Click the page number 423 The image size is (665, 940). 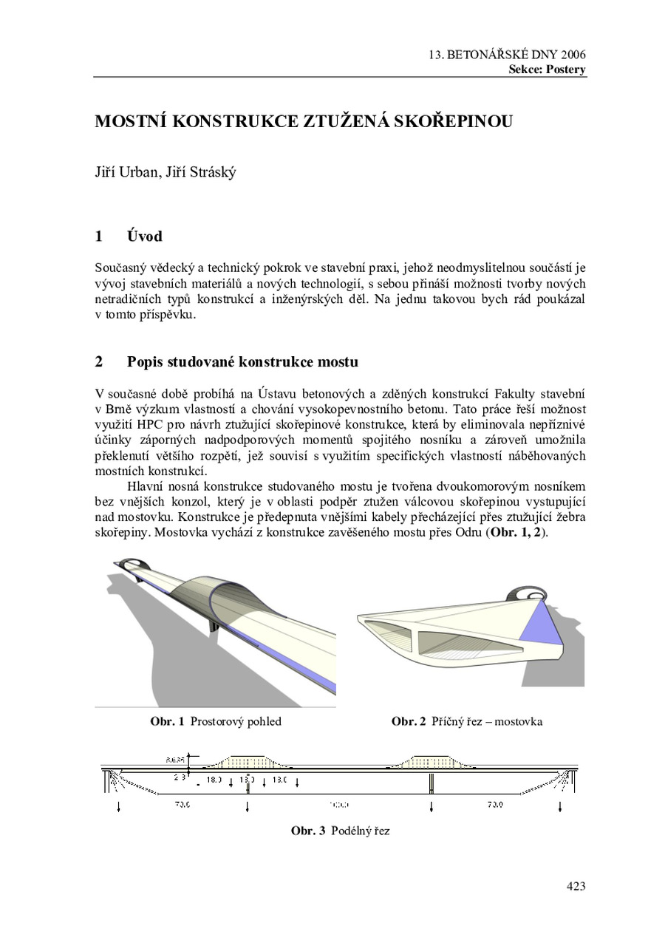click(576, 886)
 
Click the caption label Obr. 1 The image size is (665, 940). click(167, 721)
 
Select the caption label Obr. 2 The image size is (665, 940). click(408, 721)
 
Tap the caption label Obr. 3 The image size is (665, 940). click(307, 831)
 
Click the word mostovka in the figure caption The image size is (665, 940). click(519, 721)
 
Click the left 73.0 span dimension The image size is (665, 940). click(181, 805)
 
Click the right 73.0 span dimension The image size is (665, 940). click(495, 805)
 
